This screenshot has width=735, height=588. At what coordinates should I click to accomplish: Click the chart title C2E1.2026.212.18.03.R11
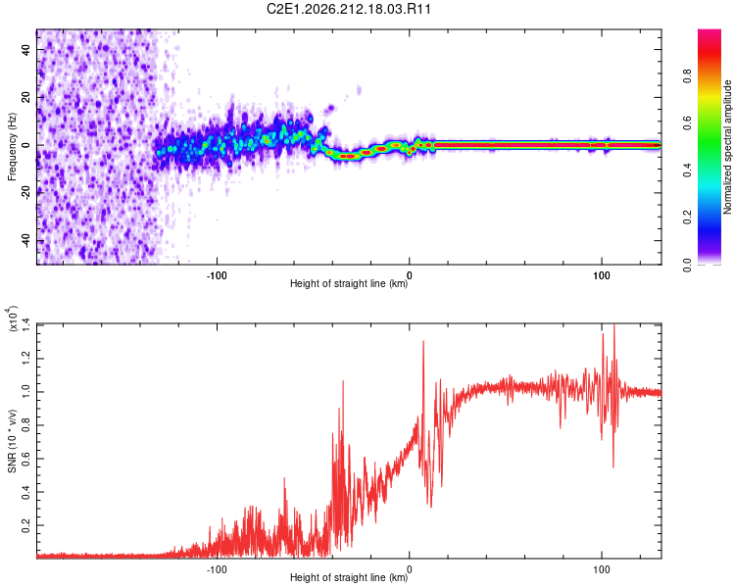click(x=349, y=9)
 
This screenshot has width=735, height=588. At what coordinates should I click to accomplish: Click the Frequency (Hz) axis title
click(x=12, y=147)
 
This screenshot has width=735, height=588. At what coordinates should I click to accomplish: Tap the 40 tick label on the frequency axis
click(x=26, y=49)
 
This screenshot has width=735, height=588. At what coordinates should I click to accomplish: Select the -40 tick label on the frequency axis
click(x=26, y=241)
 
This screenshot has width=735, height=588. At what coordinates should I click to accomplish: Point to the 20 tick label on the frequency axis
click(x=26, y=98)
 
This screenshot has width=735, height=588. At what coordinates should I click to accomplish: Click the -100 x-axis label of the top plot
click(x=217, y=275)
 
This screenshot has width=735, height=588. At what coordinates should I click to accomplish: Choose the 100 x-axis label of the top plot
click(x=602, y=275)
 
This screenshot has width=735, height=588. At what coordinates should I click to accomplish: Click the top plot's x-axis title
click(x=349, y=283)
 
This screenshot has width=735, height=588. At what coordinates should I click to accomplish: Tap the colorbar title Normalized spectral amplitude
click(x=727, y=147)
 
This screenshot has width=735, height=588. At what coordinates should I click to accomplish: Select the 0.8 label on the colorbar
click(x=687, y=76)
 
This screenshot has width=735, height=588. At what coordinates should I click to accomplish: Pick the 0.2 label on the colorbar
click(x=687, y=218)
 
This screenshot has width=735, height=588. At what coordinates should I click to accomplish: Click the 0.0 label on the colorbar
click(x=687, y=265)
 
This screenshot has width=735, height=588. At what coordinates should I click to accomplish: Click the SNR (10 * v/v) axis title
click(x=12, y=441)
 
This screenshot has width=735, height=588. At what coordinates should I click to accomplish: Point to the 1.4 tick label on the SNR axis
click(x=26, y=325)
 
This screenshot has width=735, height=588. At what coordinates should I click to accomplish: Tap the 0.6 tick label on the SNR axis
click(x=26, y=459)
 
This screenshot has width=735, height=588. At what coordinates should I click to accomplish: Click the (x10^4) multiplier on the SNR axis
click(x=12, y=318)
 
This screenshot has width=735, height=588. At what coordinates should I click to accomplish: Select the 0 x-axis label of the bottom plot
click(x=410, y=569)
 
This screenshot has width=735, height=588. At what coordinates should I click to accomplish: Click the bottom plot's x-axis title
click(x=349, y=577)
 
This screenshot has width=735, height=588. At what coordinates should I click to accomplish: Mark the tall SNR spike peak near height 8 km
click(x=423, y=341)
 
